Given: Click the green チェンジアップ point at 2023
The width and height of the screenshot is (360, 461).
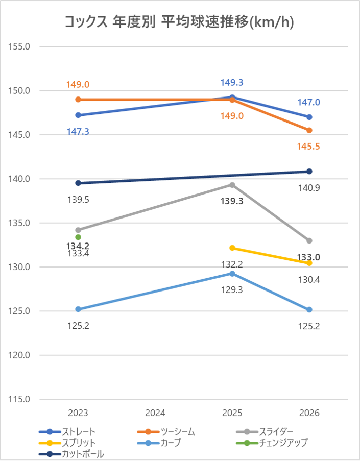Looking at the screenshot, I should pos(78,237).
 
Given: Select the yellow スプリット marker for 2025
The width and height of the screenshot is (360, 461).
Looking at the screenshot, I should pos(232,248).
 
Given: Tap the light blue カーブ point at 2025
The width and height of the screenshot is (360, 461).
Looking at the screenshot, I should pos(232,274).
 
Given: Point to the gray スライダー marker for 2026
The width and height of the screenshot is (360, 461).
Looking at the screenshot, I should pos(309,240).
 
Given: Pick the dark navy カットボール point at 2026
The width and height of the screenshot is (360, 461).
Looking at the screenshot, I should pos(309,171).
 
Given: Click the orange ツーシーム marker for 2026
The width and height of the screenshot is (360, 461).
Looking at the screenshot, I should pos(309,130).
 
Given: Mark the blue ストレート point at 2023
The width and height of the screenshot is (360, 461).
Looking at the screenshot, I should pos(78,115).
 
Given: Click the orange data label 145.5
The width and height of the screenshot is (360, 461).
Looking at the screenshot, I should pos(309,147).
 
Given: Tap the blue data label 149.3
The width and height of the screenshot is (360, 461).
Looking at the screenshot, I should pos(232,83).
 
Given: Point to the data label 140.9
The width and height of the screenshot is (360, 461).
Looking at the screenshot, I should pos(309,188).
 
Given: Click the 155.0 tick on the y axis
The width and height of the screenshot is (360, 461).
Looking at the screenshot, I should pos(20,46).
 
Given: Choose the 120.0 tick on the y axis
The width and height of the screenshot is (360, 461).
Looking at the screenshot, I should pos(20,355).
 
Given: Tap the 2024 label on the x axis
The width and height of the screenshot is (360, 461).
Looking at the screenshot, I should pos(155,413).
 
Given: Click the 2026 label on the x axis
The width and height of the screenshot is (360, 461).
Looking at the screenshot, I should pos(309,413).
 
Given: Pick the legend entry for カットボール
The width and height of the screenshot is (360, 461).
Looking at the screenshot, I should pos(82,453).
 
